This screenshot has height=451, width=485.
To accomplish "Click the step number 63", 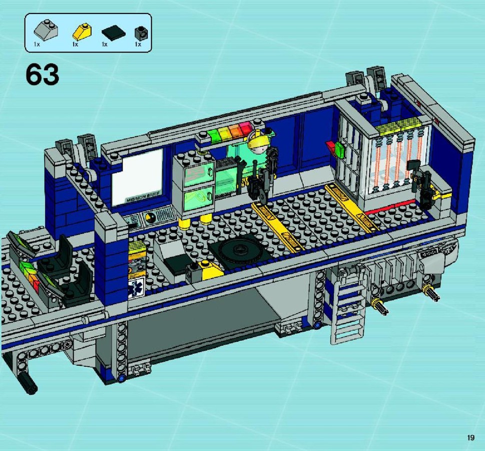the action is pos(43,75).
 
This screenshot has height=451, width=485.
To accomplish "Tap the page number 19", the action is pos(470,437).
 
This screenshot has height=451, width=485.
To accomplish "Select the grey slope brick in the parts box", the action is pos(46,31).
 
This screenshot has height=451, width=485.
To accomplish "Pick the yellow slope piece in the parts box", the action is pos(82,32).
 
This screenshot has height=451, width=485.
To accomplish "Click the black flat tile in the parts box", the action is pos(114,33).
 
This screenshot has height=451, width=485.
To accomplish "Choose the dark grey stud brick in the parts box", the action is pos(141,33).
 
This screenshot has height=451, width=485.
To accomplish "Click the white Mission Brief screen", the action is pos(137,176).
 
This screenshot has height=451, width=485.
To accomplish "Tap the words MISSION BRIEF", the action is pos(143,197).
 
